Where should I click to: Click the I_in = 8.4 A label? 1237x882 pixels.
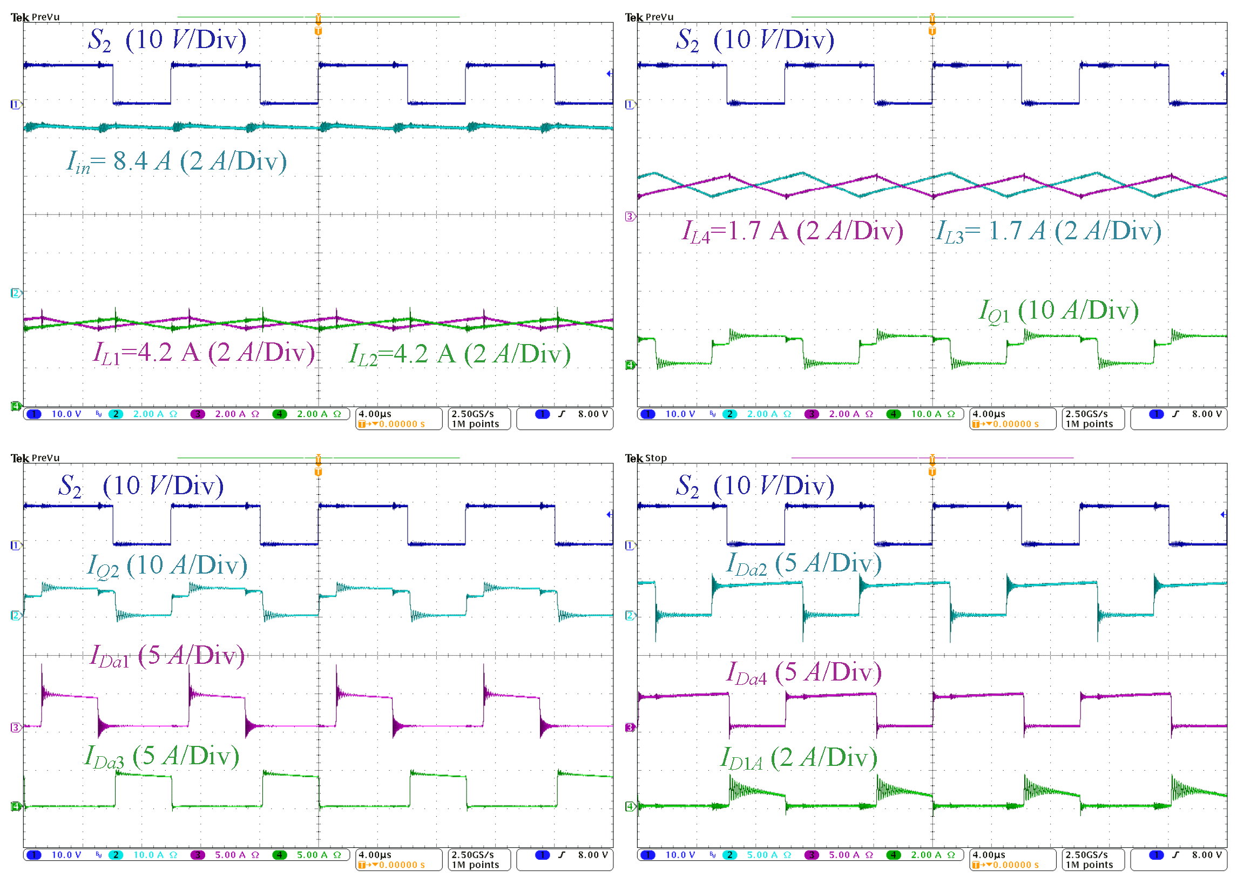tap(177, 161)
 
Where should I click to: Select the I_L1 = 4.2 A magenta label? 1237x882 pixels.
tap(204, 353)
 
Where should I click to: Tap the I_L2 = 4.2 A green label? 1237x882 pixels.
tap(459, 355)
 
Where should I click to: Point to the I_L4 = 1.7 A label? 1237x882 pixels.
tap(792, 231)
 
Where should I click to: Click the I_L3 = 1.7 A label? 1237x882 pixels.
tap(1048, 231)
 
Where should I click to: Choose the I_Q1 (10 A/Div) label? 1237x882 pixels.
tap(1058, 311)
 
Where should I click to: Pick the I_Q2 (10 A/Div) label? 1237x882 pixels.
tap(167, 566)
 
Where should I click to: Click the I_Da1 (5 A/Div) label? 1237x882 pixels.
tap(167, 656)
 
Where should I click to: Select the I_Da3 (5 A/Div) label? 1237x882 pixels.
tap(162, 757)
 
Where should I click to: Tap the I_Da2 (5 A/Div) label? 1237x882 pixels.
tap(803, 564)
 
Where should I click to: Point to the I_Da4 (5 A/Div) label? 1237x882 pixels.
tap(803, 674)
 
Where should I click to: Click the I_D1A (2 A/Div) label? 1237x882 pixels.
tap(799, 758)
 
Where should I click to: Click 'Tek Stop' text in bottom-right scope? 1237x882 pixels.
tap(645, 458)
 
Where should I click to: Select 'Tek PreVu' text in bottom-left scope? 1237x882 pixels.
tap(35, 458)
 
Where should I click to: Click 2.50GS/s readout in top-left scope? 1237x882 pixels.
tap(472, 414)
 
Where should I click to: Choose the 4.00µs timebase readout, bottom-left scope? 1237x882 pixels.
tap(375, 855)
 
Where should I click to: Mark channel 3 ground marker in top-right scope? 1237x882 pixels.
tap(630, 217)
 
